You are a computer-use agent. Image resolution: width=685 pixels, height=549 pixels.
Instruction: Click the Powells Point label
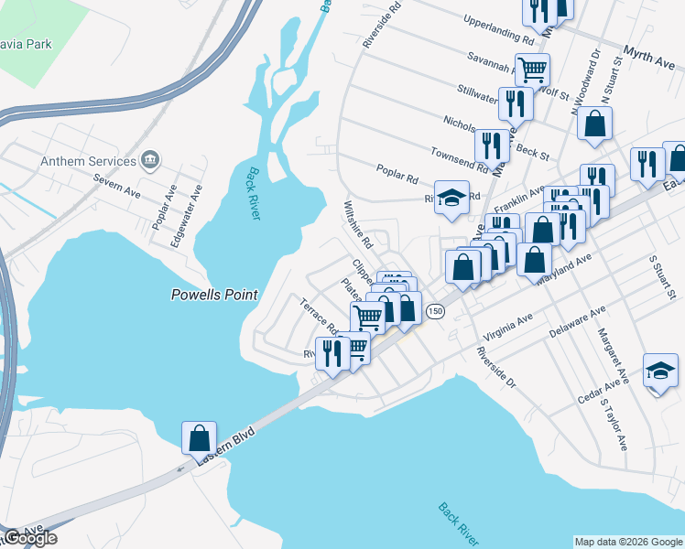pos(214,295)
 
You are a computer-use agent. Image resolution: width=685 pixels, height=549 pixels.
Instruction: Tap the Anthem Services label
pos(89,161)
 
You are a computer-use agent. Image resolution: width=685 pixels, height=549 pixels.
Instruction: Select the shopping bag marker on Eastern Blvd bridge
pos(199,438)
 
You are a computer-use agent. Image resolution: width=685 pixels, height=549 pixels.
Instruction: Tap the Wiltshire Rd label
pos(358,227)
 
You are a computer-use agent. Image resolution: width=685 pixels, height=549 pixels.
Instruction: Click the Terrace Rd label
pos(320,316)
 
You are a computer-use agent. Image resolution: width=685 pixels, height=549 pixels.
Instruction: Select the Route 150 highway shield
pos(435,311)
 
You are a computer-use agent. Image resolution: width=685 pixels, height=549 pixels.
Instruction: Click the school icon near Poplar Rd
pos(451,199)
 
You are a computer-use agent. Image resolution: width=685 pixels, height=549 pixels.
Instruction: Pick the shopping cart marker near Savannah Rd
pos(532,69)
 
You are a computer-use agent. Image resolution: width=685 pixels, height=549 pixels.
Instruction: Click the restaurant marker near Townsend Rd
pos(492,145)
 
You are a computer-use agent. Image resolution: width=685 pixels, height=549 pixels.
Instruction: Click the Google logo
pos(29,538)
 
